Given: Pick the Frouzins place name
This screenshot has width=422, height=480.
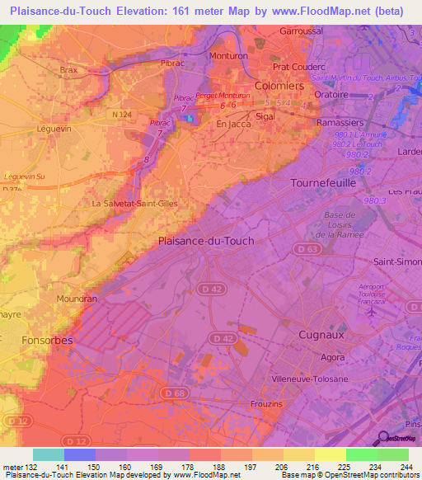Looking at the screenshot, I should coord(265,403).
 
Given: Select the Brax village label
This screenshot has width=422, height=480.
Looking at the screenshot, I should coord(68,71).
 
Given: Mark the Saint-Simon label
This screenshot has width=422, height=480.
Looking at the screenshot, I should coord(399,263).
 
